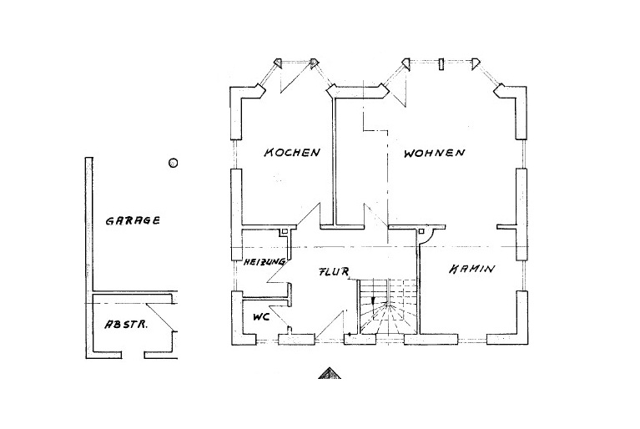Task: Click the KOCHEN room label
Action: (x=292, y=153)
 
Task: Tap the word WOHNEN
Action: (x=433, y=154)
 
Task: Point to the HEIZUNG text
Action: (x=265, y=262)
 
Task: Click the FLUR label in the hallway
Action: (x=333, y=272)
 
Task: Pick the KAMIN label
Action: (x=471, y=270)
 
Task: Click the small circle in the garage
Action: (x=173, y=163)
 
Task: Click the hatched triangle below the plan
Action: (x=330, y=373)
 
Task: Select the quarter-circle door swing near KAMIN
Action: (x=431, y=237)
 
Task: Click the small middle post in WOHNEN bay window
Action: (x=441, y=62)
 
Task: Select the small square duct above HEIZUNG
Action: (x=285, y=231)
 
